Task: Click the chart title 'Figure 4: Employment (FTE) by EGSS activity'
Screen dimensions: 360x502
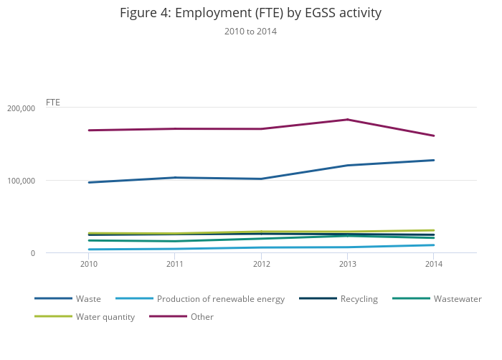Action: pyautogui.click(x=250, y=13)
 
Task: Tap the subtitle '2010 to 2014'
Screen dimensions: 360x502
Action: pyautogui.click(x=250, y=32)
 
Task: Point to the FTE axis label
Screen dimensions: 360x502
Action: pyautogui.click(x=53, y=103)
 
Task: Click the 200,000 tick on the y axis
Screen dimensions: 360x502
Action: pyautogui.click(x=21, y=108)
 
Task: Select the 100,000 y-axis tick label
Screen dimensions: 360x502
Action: pyautogui.click(x=21, y=181)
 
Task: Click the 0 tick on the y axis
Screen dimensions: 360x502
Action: pyautogui.click(x=32, y=253)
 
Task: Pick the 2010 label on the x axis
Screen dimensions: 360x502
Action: pyautogui.click(x=89, y=265)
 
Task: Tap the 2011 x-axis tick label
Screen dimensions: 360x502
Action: pyautogui.click(x=175, y=265)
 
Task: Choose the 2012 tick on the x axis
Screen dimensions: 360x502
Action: pyautogui.click(x=262, y=265)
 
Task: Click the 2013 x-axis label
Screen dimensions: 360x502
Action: pyautogui.click(x=348, y=265)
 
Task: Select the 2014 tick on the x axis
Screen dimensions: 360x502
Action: pyautogui.click(x=433, y=265)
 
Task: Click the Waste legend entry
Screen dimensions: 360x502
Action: pyautogui.click(x=88, y=299)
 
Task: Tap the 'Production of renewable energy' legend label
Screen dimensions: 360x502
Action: pyautogui.click(x=220, y=299)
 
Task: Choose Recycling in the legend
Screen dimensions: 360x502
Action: pyautogui.click(x=359, y=299)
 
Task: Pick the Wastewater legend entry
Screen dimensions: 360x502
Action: pyautogui.click(x=457, y=299)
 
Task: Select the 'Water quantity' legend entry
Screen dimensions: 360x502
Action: pyautogui.click(x=105, y=317)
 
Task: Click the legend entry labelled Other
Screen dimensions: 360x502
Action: pyautogui.click(x=202, y=317)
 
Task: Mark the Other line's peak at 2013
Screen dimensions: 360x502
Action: pyautogui.click(x=348, y=120)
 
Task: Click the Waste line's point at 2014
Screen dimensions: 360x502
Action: pyautogui.click(x=433, y=160)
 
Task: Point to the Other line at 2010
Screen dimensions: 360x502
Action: pyautogui.click(x=89, y=131)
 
